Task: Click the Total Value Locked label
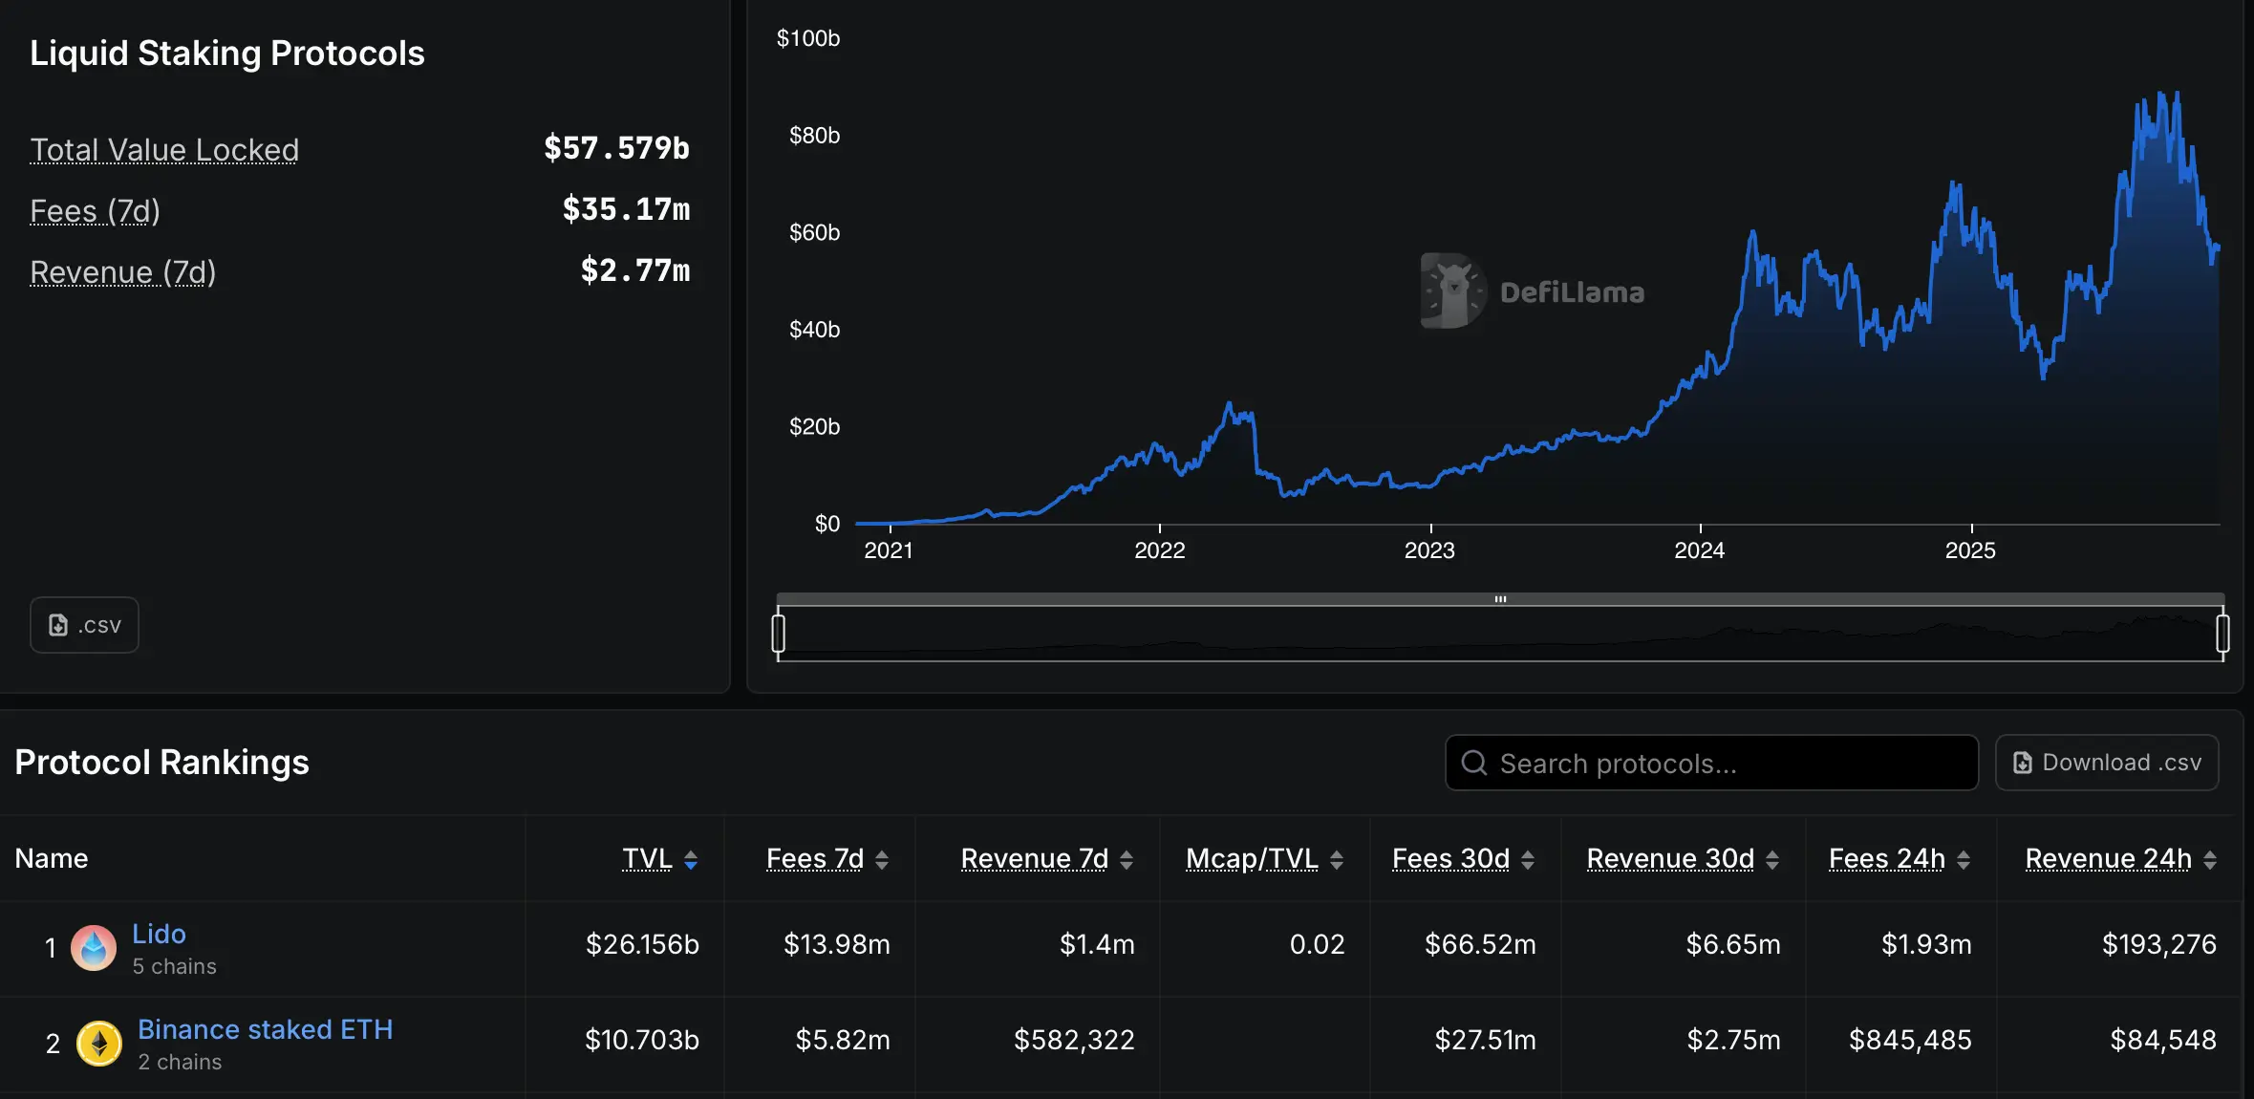point(164,150)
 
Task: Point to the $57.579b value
point(616,148)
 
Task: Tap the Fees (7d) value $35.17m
point(626,209)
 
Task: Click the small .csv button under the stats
point(84,625)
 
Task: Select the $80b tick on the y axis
point(814,136)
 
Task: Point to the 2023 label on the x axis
point(1429,550)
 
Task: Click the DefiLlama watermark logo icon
point(1452,291)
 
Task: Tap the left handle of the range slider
point(779,634)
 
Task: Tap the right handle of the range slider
point(2222,634)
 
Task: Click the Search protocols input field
point(1710,763)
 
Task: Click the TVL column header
point(648,858)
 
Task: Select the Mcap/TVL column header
point(1252,858)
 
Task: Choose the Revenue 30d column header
point(1670,858)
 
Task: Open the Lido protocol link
point(159,934)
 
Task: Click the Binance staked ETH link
point(265,1029)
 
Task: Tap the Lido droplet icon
point(94,947)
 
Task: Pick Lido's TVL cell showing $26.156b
point(642,944)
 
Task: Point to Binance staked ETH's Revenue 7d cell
point(1074,1040)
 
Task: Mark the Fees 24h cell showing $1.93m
point(1926,944)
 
